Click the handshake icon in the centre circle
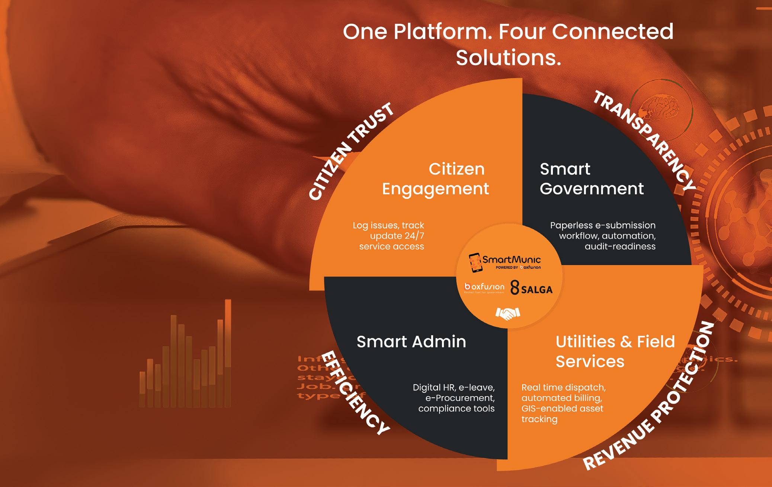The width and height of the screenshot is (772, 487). click(507, 313)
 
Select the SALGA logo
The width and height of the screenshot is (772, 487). click(531, 288)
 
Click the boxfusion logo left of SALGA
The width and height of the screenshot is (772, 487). click(484, 287)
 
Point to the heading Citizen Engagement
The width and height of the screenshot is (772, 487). click(436, 179)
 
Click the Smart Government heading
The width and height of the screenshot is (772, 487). click(592, 179)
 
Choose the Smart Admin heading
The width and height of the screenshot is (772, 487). click(411, 342)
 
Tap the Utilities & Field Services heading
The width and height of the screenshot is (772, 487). click(615, 351)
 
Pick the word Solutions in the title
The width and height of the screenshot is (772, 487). click(508, 58)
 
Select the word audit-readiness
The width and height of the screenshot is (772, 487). click(620, 246)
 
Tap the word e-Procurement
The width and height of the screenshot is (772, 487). click(460, 398)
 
